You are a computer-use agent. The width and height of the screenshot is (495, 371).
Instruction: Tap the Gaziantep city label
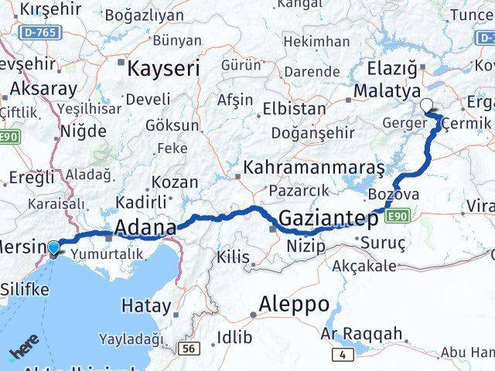coord(328,219)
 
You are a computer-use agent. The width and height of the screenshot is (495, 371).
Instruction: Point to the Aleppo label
coord(295,303)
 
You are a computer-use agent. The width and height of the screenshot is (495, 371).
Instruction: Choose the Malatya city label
coord(386,91)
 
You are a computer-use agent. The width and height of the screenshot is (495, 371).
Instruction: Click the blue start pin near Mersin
coord(53,248)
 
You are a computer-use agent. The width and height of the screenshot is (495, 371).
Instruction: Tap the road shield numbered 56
coord(189,349)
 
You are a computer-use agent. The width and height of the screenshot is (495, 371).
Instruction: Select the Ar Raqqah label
coord(362,334)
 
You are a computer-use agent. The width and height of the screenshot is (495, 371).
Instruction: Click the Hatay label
coord(145,306)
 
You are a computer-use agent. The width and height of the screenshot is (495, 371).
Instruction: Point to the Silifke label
coord(24,290)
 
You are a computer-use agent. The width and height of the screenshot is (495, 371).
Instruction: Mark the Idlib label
coord(234,337)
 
